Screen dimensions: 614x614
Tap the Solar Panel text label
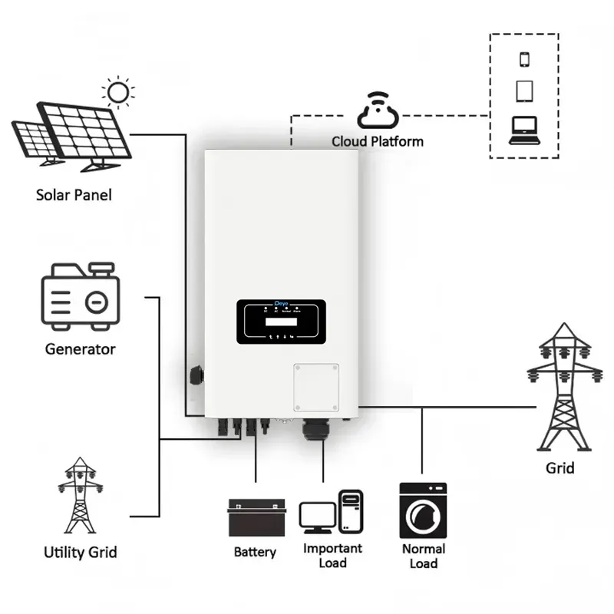click(x=74, y=195)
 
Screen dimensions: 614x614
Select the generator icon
click(x=80, y=297)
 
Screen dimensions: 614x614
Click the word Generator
click(x=80, y=349)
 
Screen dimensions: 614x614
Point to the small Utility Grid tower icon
click(x=80, y=496)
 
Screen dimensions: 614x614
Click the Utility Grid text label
click(x=80, y=552)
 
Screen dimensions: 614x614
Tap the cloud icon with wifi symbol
click(x=377, y=112)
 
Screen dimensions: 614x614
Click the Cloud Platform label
click(x=377, y=141)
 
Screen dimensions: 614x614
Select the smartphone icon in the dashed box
click(x=525, y=59)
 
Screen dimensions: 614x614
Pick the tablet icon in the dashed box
click(x=525, y=91)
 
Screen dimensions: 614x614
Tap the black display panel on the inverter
click(x=282, y=322)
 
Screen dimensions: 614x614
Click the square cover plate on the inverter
click(x=315, y=387)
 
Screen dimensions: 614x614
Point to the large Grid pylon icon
click(x=564, y=387)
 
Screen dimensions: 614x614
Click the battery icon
click(x=256, y=517)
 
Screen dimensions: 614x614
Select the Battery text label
click(x=255, y=552)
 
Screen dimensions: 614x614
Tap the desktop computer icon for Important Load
click(x=330, y=512)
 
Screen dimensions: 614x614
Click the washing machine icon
click(x=423, y=510)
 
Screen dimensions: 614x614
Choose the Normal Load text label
click(x=423, y=556)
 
